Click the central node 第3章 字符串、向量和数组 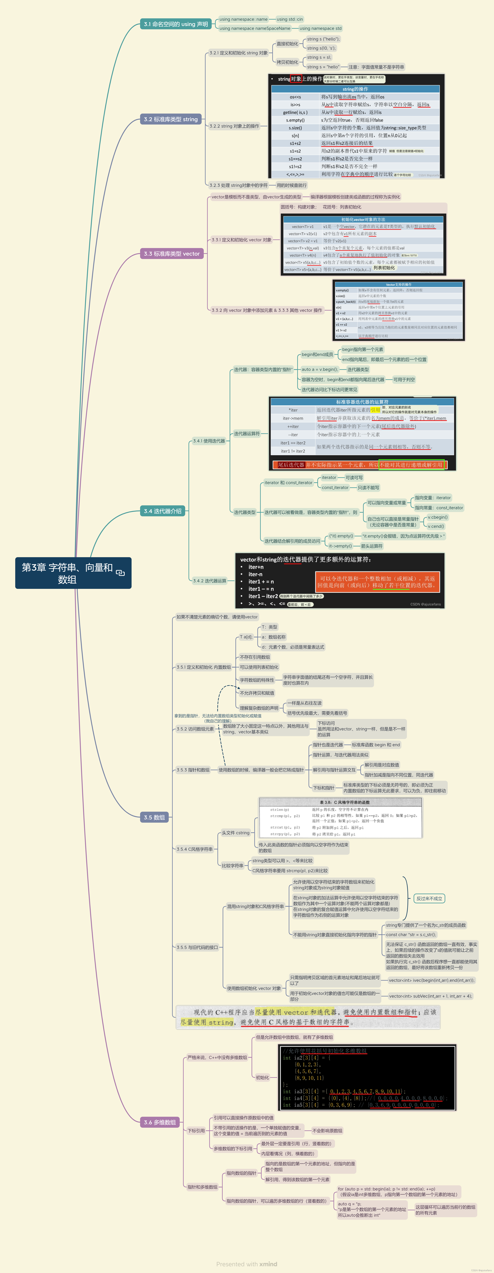point(73,573)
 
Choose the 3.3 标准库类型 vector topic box point(172,253)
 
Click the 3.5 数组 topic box point(154,817)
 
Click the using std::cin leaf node point(290,19)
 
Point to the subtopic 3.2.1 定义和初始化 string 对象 point(238,53)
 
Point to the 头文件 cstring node point(235,833)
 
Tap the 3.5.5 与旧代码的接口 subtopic point(197,947)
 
